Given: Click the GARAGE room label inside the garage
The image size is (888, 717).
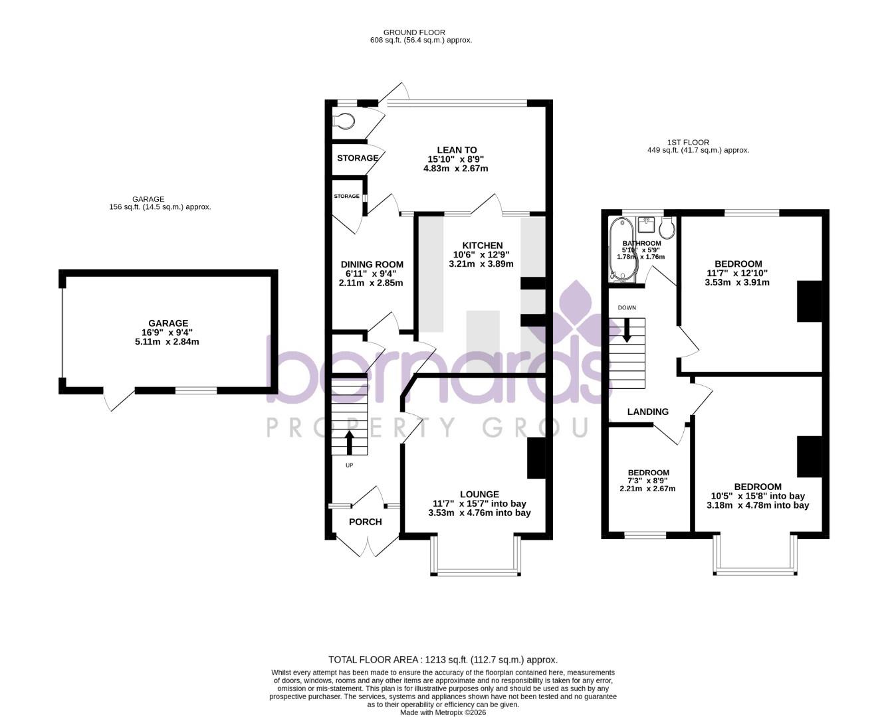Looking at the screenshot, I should coord(167,323).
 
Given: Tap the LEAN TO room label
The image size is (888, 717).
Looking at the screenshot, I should coord(457,150).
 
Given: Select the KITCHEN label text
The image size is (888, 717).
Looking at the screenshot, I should coord(483,246).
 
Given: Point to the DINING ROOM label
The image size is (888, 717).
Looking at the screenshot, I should coord(372,264).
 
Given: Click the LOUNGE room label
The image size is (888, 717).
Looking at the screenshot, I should coord(479,494).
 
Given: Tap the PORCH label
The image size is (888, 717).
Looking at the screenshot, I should coord(366,522).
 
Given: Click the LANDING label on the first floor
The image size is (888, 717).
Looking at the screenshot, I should coord(648,412).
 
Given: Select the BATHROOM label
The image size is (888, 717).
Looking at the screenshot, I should coord(641,244).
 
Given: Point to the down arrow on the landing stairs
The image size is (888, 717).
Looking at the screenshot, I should coord(626,330).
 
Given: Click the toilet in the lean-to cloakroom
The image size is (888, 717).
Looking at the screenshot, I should coord(345,121).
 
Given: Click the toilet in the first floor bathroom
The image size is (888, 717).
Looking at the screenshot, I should coord(667,228).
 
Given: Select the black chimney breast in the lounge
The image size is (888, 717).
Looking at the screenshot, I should coord(536,458).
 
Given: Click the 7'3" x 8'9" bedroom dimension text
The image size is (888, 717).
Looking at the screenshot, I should coord(648,481).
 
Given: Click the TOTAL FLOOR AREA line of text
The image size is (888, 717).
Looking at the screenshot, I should coord(443,660).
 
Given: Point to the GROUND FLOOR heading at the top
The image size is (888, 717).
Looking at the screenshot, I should coord(414,32).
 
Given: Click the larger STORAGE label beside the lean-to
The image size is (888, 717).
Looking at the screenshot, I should coord(357,158).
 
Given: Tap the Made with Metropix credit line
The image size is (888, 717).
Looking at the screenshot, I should coord(443,712).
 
